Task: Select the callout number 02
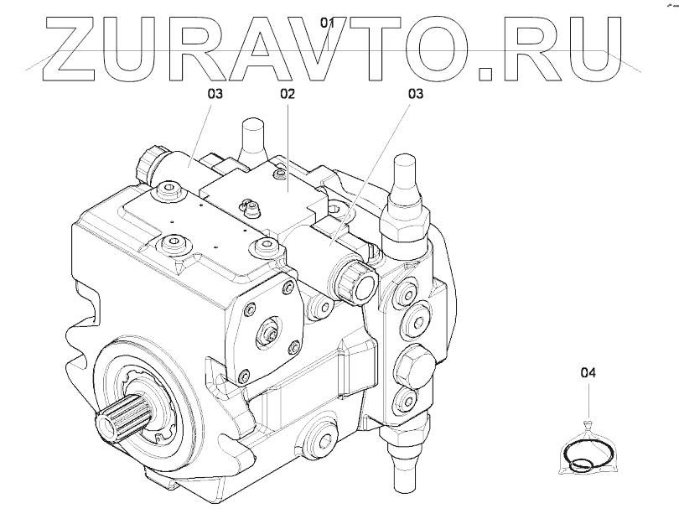(288, 95)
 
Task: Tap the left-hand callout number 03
(215, 95)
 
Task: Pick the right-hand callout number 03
(416, 95)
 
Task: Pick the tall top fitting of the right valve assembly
(403, 179)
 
